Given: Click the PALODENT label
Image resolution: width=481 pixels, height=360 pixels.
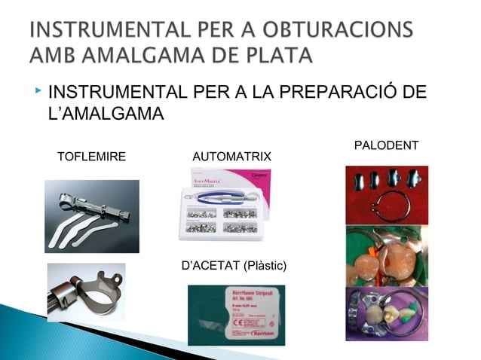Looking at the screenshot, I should pos(386,144).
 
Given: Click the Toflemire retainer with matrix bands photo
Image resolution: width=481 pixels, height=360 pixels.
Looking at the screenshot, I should pos(91,216).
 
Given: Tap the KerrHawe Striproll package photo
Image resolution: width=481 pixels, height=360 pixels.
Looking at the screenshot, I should pos(237,313).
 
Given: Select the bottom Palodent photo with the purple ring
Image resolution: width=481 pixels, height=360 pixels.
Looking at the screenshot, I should pos(386,313).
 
